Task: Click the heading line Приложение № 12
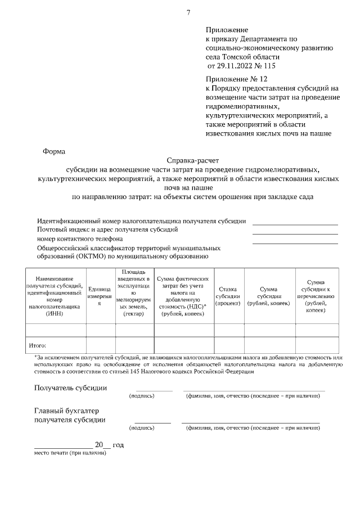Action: pos(233,79)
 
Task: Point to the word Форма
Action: pos(53,151)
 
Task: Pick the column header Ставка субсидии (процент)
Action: pos(228,295)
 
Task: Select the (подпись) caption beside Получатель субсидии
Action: pos(142,396)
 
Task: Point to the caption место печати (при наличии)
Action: pos(70,453)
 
